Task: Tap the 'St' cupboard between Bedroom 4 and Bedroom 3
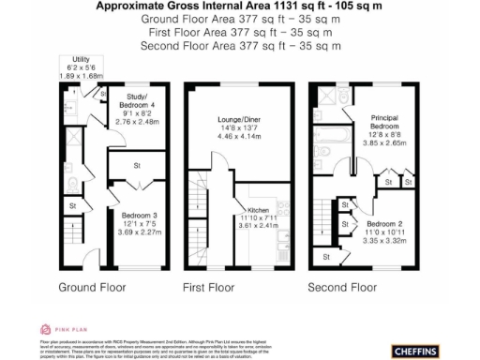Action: (137, 166)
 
